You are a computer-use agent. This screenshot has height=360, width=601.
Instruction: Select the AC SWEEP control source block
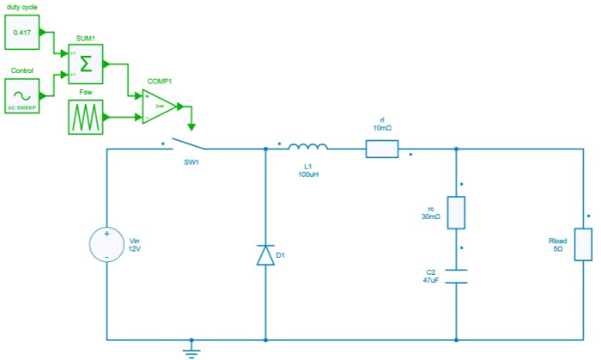click(21, 94)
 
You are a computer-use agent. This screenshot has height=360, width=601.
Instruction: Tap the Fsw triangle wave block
click(86, 117)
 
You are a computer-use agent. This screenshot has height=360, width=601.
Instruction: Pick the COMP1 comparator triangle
click(161, 107)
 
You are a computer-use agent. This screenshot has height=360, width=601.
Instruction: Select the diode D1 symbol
click(265, 254)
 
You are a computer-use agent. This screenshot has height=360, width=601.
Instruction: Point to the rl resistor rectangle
click(382, 149)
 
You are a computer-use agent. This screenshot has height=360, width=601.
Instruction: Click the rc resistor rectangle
click(456, 212)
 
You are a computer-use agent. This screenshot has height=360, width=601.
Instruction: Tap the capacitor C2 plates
click(456, 276)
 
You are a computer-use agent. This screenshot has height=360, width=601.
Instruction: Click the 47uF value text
click(431, 281)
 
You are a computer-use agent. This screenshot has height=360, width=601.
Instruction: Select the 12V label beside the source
click(135, 249)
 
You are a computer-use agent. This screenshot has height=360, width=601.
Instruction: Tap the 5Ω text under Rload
click(557, 249)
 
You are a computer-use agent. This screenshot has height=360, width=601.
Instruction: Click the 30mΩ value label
click(431, 217)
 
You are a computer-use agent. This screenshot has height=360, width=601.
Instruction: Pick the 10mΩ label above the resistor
click(382, 127)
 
